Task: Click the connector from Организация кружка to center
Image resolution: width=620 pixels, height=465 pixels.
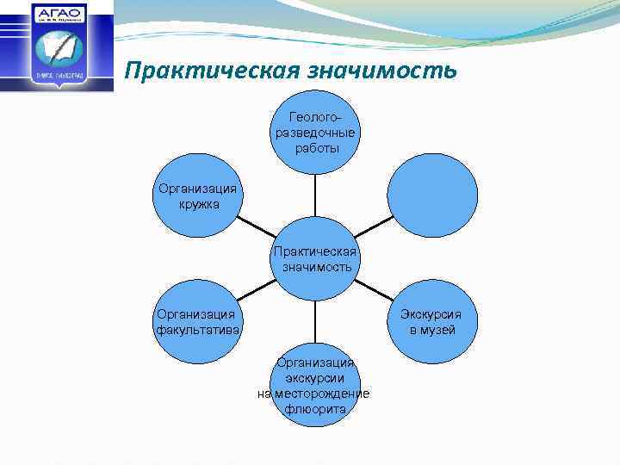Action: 255,227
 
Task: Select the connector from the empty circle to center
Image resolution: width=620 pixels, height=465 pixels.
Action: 373,226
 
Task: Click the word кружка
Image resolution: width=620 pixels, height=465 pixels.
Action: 199,205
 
